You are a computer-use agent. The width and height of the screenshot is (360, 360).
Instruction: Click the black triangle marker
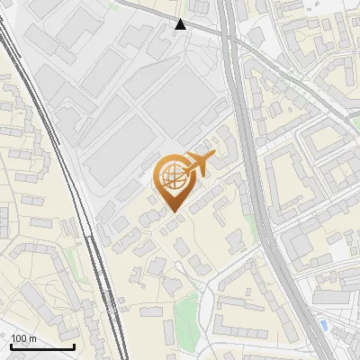coord(181,24)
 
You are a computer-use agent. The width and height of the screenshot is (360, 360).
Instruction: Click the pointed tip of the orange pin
coord(175,211)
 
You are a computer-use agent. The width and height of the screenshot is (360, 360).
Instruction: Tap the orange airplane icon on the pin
coord(198,164)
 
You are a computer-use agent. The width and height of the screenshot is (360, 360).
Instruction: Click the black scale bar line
coord(41,346)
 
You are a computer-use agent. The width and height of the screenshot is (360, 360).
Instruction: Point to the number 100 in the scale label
coord(18,338)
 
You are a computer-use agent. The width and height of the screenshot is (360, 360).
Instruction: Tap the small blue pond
coord(323,323)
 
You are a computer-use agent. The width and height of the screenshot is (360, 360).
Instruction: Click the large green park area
coord(185,314)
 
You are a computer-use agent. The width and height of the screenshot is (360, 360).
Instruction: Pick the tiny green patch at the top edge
coord(114,4)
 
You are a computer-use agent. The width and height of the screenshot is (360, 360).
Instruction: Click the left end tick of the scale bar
coord(11,346)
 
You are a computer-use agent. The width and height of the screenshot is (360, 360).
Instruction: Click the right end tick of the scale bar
coord(73,346)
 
